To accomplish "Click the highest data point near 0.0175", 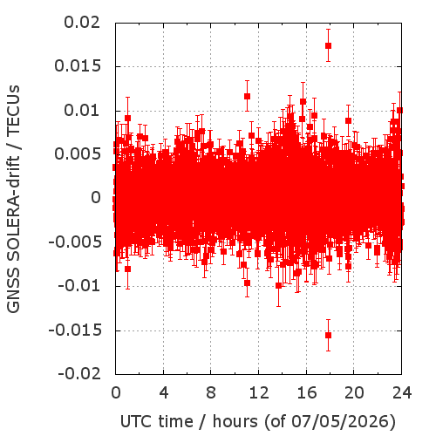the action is (x=328, y=45).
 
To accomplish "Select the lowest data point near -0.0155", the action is (x=328, y=335).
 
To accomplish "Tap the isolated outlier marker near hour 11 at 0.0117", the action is (x=247, y=96).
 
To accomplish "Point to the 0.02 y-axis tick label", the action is (x=82, y=23).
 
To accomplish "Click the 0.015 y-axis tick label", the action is (x=78, y=66).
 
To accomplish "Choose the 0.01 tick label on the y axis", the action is (x=82, y=111).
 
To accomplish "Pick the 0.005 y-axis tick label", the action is (x=78, y=154).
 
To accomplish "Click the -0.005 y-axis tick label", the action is (x=75, y=242).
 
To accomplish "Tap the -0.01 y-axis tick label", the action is (x=79, y=286).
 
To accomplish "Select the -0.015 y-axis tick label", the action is (x=75, y=330).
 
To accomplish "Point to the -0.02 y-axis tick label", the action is (x=79, y=374).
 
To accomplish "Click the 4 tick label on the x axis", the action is (x=164, y=392).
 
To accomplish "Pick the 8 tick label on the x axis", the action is (x=211, y=392).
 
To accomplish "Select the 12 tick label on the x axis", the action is (x=259, y=392).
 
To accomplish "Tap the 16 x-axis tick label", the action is (x=306, y=392).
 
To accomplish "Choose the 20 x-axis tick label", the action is (x=354, y=392).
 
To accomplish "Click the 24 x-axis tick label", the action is (x=402, y=392).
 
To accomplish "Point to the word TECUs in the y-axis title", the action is (x=13, y=110).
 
